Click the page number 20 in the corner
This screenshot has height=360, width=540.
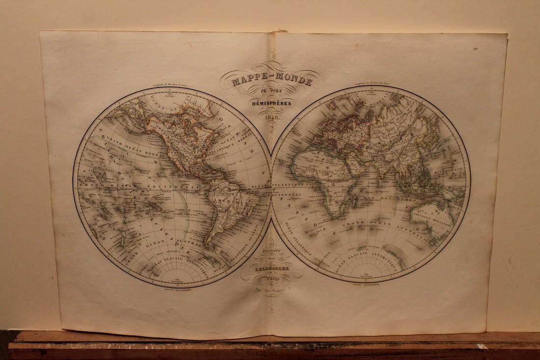click(x=476, y=48)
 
